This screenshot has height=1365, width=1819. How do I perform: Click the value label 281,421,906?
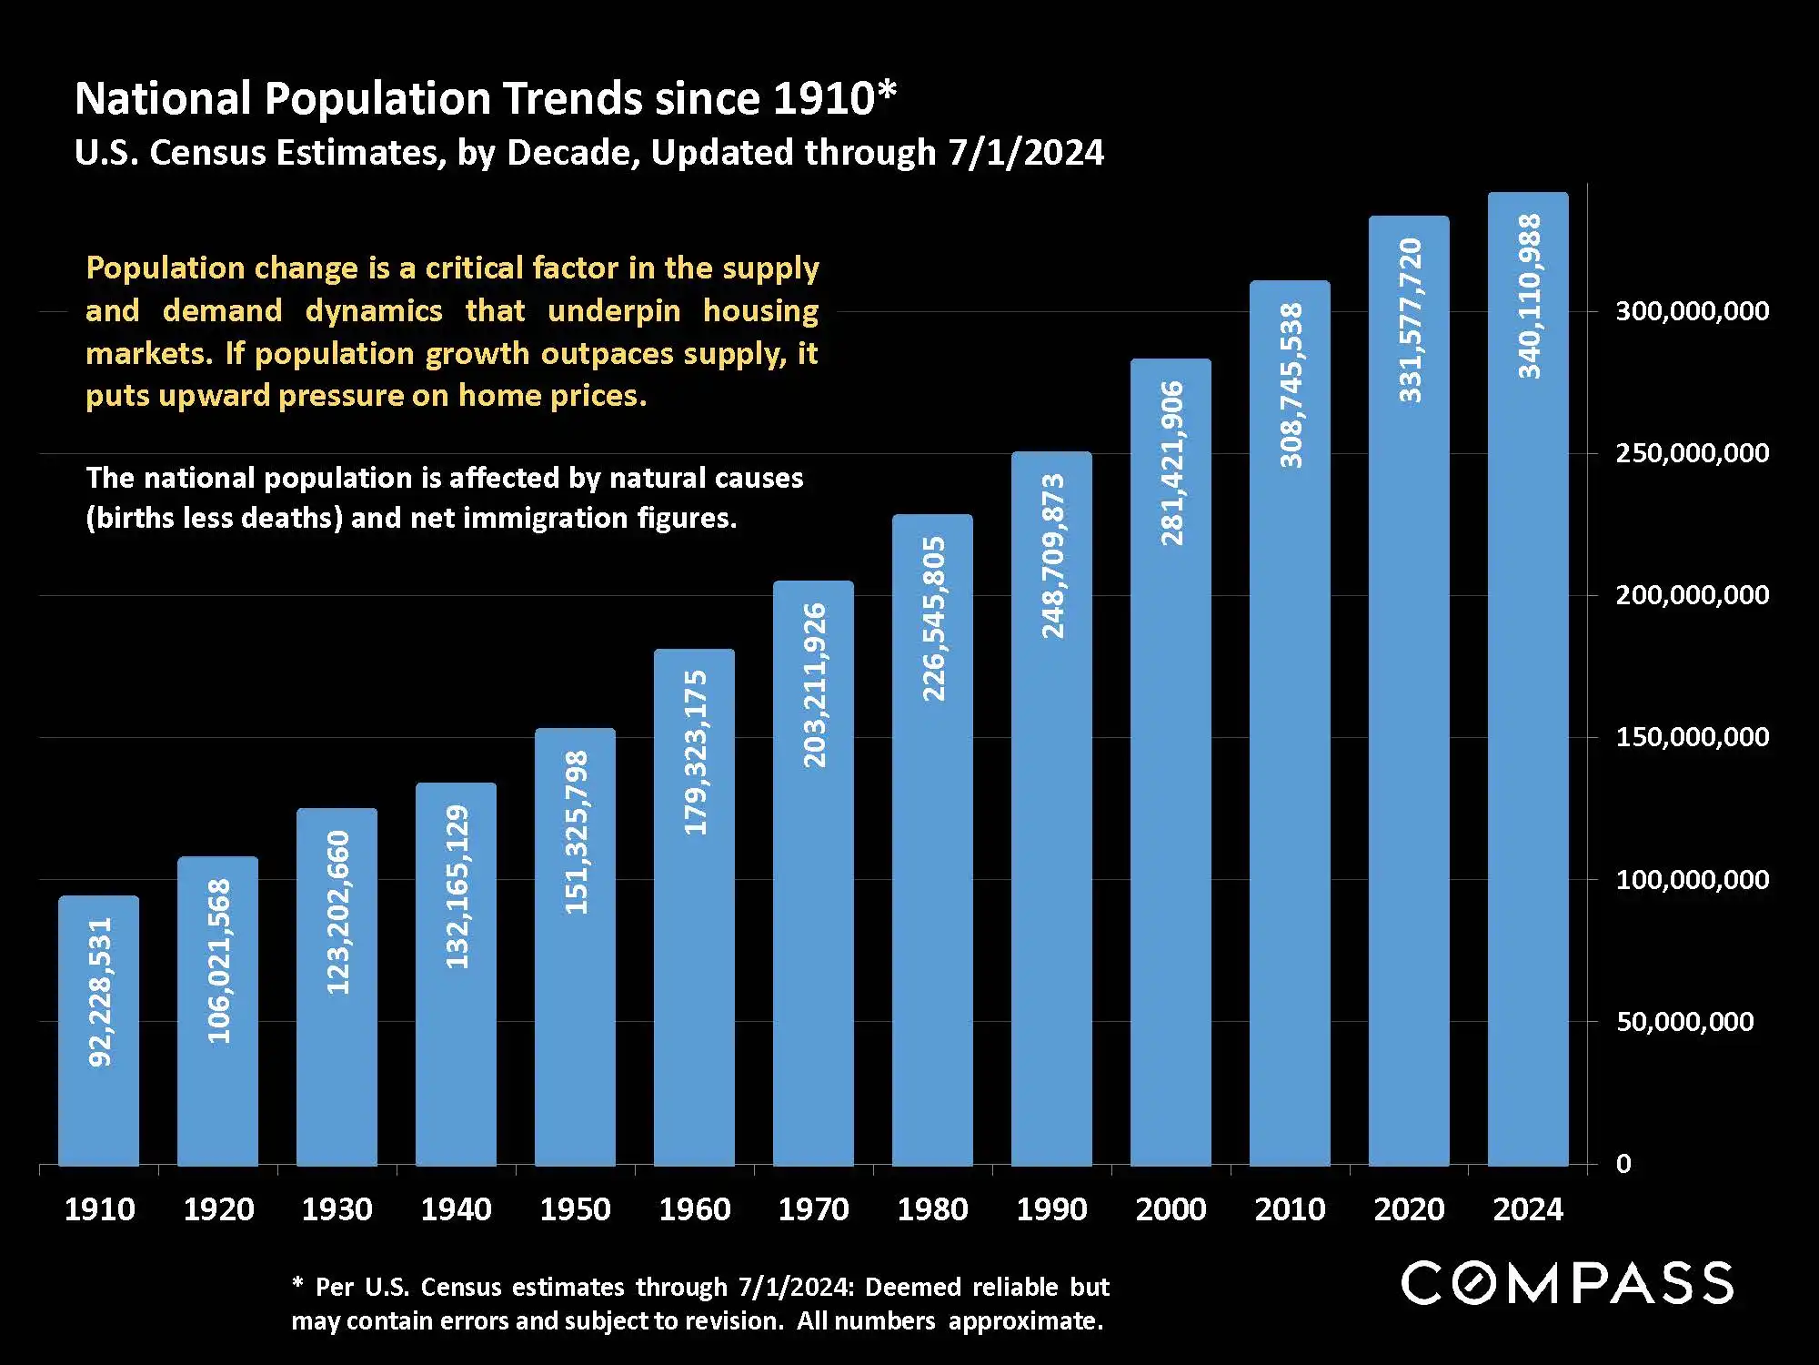(1171, 463)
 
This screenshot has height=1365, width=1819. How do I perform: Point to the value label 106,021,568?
(218, 961)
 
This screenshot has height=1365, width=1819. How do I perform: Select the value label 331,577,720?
(1410, 319)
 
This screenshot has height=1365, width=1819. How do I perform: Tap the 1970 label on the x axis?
(813, 1209)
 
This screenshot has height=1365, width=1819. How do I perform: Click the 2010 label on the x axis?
(1290, 1209)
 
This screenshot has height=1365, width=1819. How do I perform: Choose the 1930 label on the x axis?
(337, 1209)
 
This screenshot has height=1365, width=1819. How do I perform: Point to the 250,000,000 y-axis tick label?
(1692, 453)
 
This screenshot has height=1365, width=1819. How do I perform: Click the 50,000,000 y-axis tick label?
(1684, 1022)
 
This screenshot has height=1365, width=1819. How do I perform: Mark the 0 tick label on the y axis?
(1623, 1164)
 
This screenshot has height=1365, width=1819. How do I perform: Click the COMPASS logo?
(1566, 1283)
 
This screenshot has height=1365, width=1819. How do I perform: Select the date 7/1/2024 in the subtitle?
(1026, 153)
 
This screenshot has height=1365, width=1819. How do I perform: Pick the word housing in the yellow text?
(760, 311)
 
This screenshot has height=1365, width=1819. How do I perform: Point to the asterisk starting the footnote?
(297, 1285)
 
